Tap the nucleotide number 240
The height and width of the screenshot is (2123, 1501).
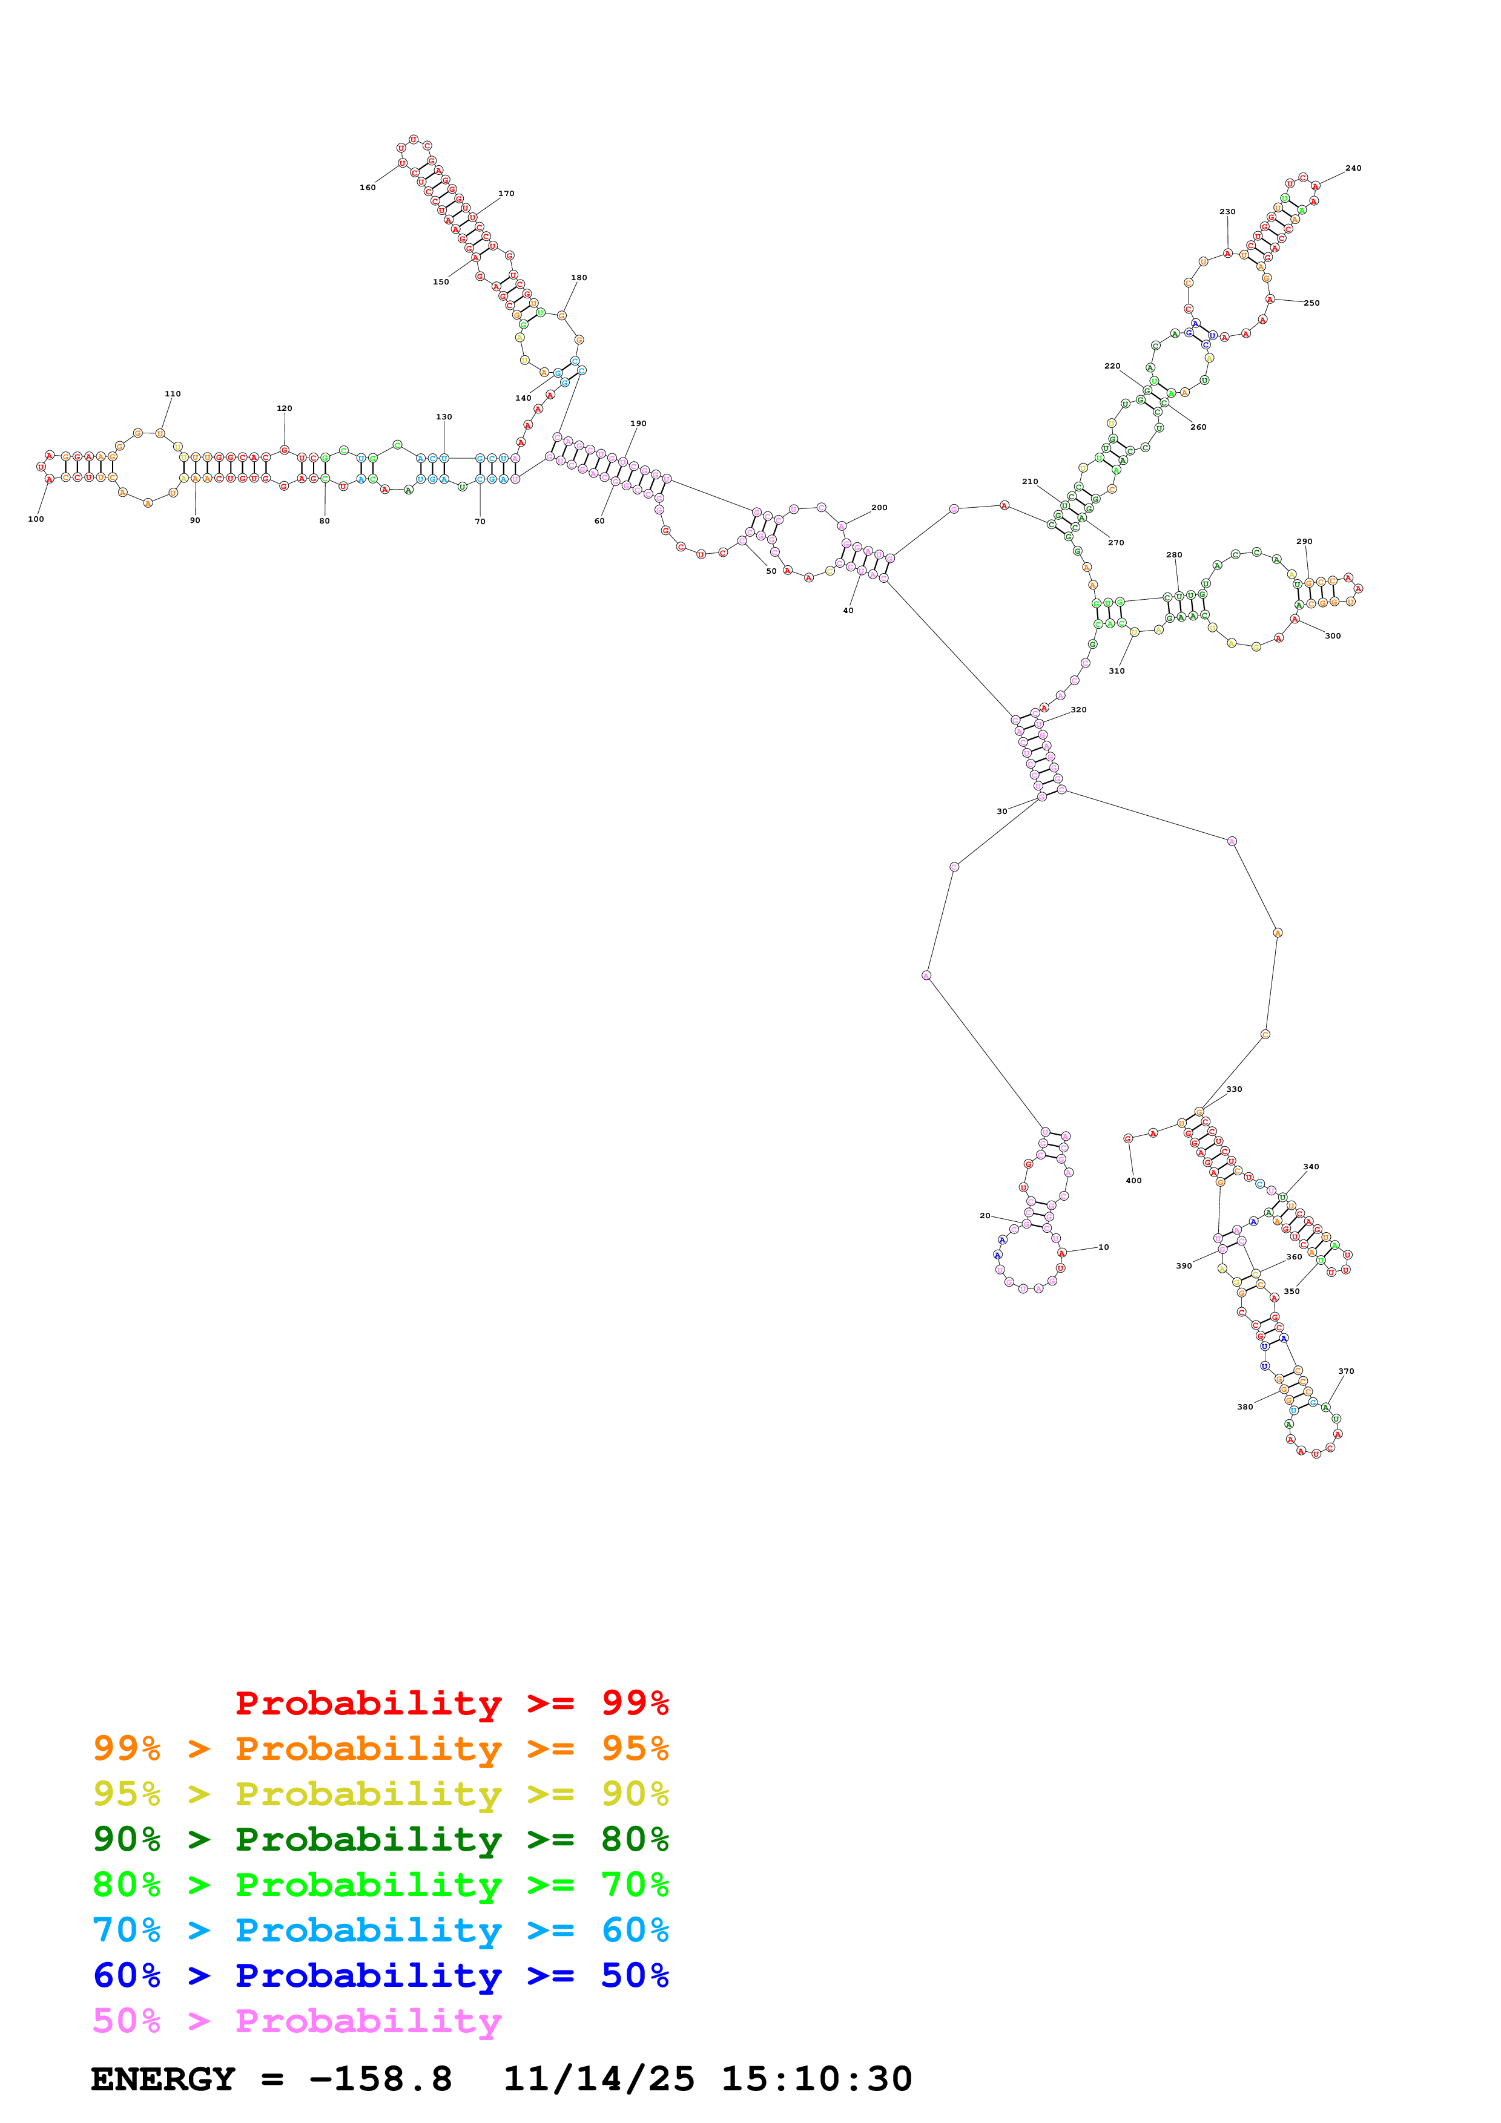coord(1353,168)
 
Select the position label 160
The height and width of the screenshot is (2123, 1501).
coord(367,188)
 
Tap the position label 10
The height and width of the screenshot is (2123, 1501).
coord(1103,1247)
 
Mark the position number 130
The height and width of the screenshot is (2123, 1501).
coord(444,417)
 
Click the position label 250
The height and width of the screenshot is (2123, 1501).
coord(1311,303)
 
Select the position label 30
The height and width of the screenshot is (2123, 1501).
coord(1001,812)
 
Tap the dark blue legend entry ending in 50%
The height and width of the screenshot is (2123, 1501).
coord(380,1975)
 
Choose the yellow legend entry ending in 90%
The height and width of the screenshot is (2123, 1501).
coord(380,1794)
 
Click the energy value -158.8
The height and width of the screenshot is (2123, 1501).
coord(380,2079)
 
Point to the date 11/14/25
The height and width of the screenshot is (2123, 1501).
coord(598,2079)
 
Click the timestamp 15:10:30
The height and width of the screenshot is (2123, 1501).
coord(817,2079)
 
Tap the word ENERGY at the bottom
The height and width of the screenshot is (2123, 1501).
coord(163,2079)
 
